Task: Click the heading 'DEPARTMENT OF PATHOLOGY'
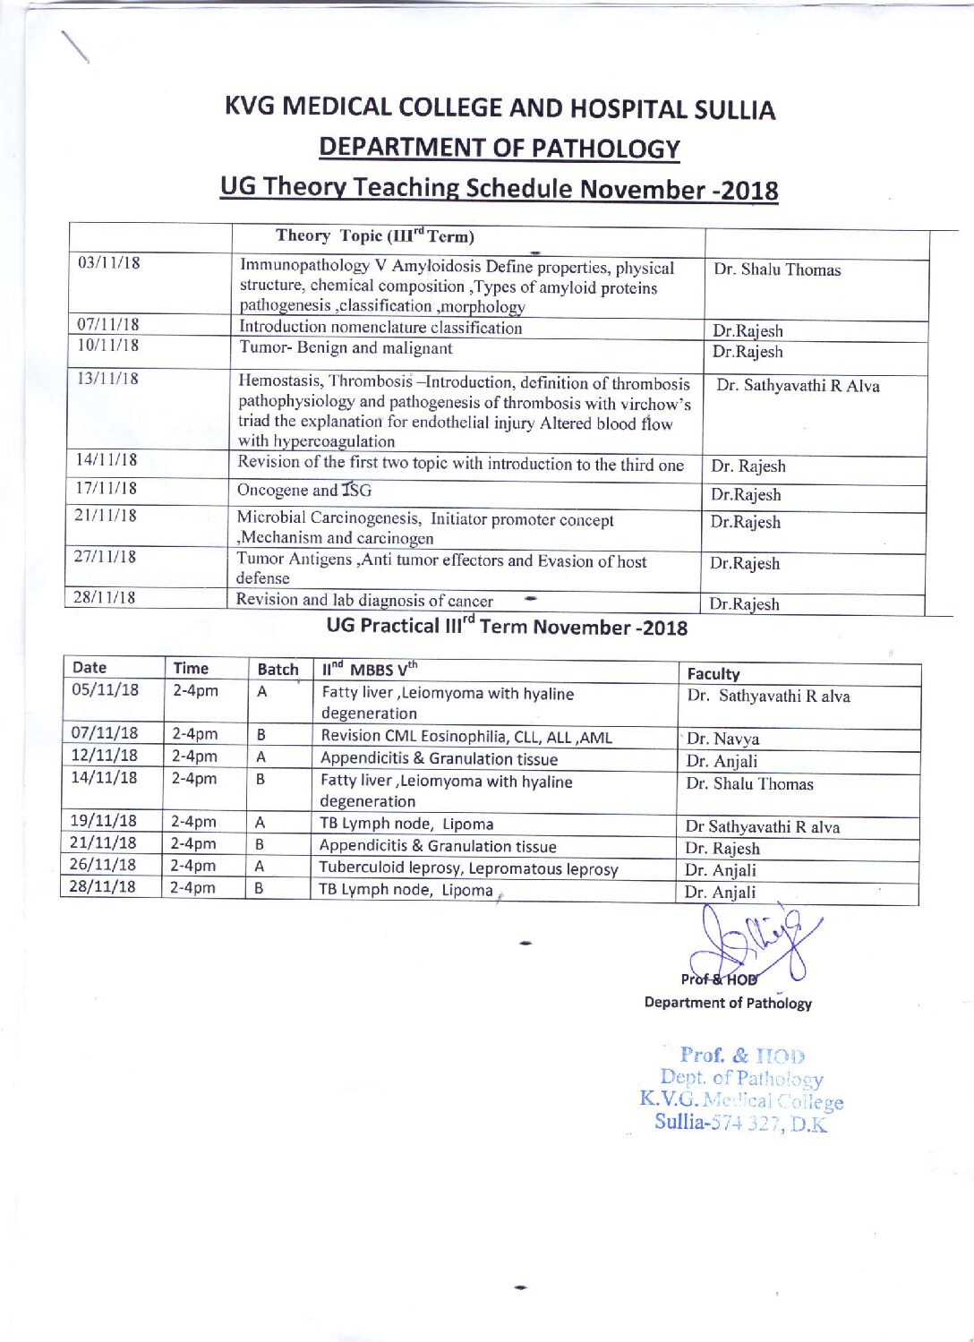click(500, 148)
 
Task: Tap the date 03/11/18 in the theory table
click(109, 263)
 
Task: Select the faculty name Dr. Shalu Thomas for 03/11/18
click(777, 269)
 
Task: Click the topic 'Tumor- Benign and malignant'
click(346, 348)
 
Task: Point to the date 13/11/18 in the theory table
click(108, 378)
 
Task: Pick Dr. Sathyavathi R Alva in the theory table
click(798, 386)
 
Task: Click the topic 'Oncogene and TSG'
click(303, 491)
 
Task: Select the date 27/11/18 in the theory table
click(105, 556)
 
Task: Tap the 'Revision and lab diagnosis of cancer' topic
click(364, 601)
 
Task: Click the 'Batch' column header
click(278, 669)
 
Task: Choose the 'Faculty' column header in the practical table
click(713, 674)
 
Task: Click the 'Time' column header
click(191, 668)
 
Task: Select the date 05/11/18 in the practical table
click(106, 690)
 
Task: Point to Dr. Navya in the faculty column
click(723, 739)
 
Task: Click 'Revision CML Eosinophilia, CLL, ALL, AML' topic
click(466, 737)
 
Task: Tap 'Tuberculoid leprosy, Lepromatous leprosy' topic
click(468, 868)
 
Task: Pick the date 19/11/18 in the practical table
click(104, 821)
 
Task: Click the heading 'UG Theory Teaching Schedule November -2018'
click(499, 188)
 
